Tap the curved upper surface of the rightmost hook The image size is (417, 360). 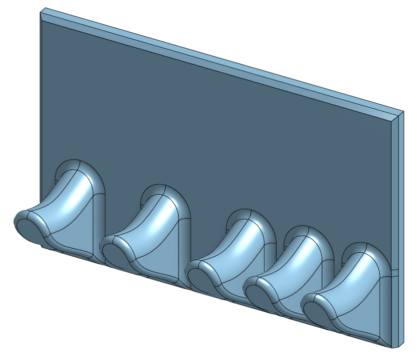point(352,278)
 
